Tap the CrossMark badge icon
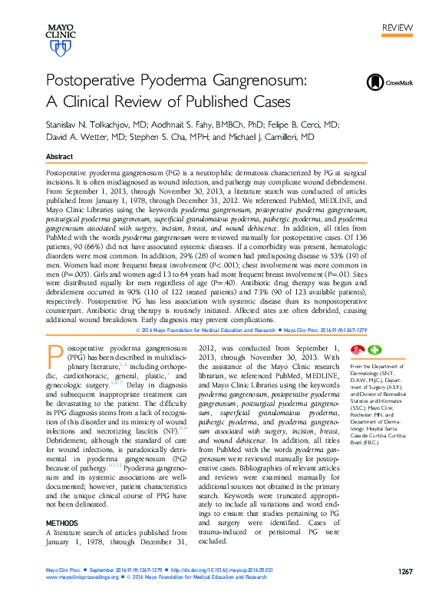[375, 82]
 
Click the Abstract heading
[60, 156]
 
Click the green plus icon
[374, 350]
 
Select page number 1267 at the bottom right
[406, 571]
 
